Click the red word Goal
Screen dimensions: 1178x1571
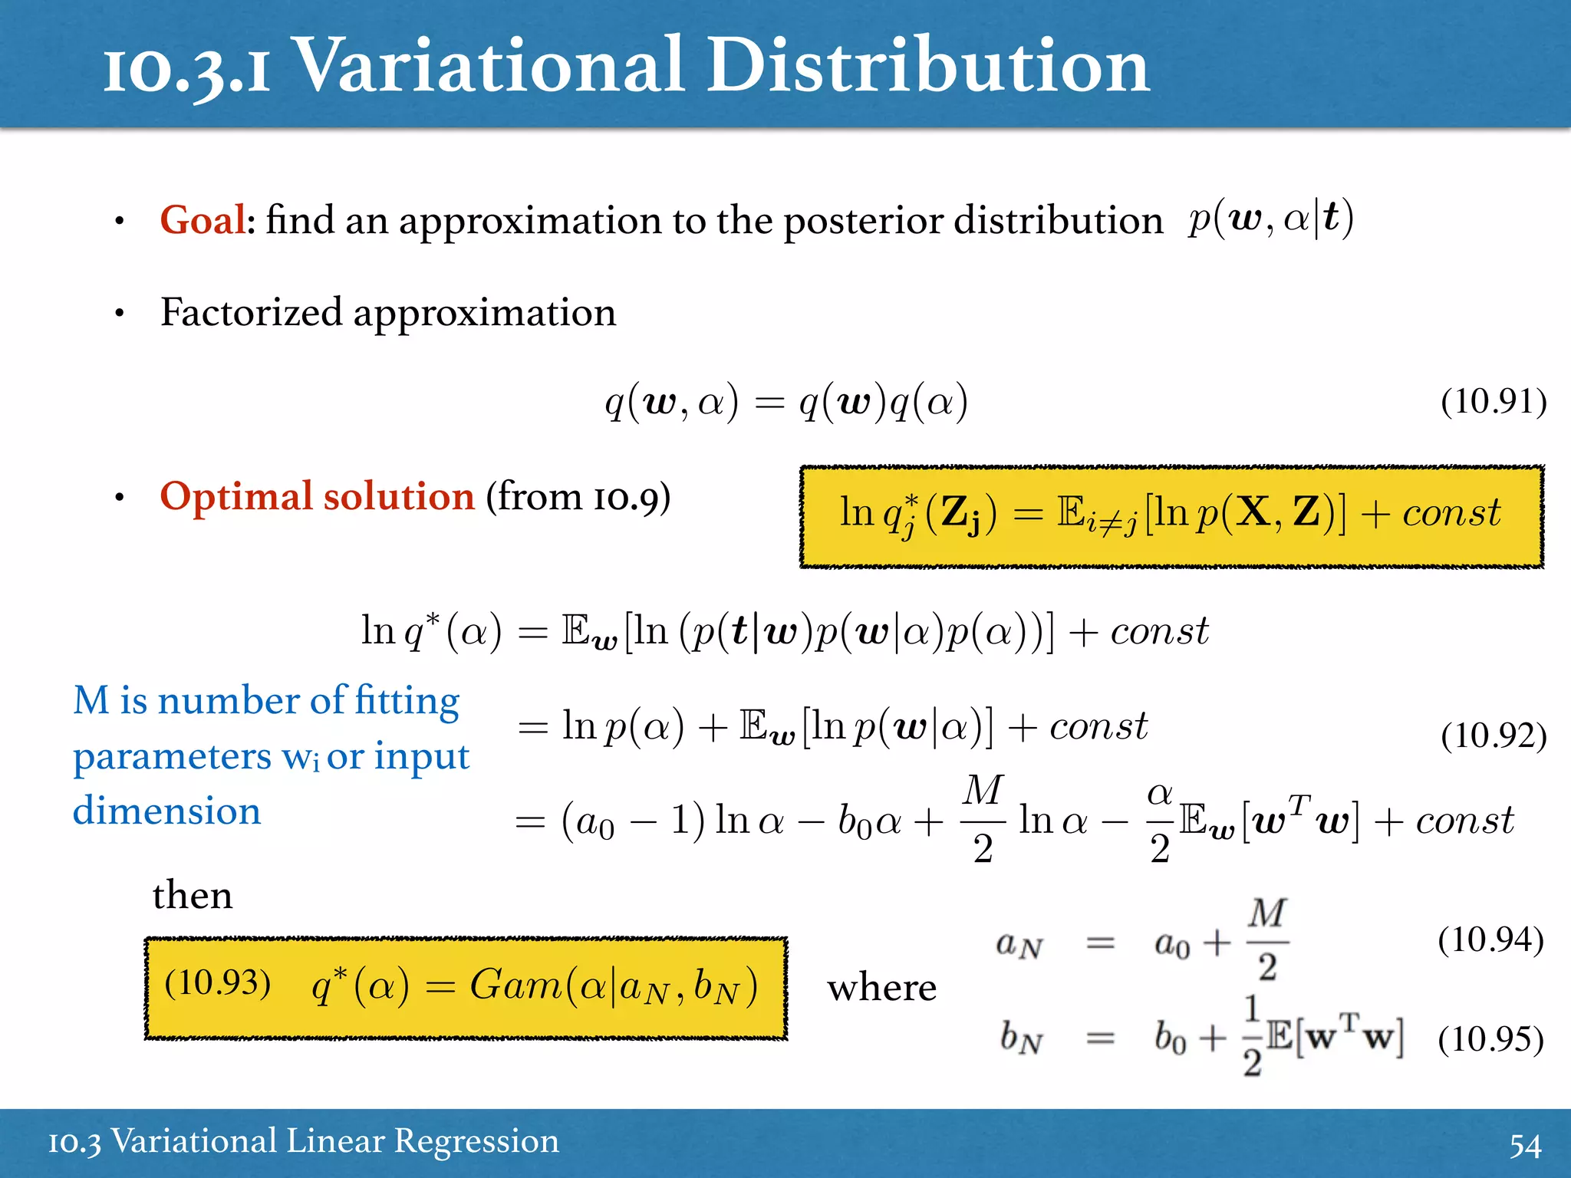point(203,220)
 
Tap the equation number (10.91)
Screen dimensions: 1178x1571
point(1493,401)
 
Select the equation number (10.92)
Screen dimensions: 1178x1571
point(1493,735)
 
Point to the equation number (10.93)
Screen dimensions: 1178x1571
point(218,982)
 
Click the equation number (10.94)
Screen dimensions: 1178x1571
point(1490,939)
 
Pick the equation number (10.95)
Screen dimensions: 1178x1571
point(1490,1039)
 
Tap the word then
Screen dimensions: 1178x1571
point(193,895)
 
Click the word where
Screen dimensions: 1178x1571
point(881,987)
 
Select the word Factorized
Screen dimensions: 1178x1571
point(251,312)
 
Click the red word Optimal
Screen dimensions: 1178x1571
point(237,496)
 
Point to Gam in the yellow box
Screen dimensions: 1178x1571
point(515,985)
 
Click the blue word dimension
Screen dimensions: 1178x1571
point(167,811)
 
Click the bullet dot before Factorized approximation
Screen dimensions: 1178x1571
point(119,314)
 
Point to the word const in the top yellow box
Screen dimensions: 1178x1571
point(1451,512)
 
